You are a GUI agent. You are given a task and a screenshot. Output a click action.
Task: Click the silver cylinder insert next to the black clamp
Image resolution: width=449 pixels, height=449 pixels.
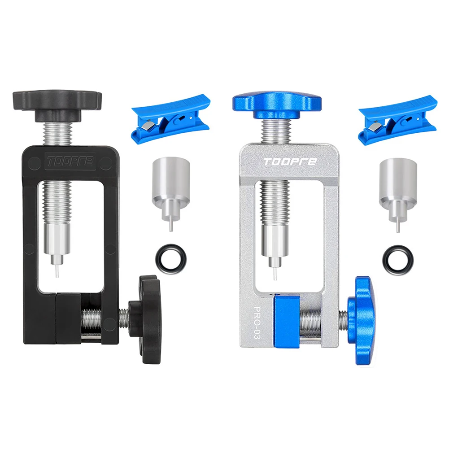[x=170, y=184]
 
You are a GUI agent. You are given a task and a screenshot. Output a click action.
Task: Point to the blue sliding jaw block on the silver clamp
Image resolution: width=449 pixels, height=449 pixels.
[x=286, y=319]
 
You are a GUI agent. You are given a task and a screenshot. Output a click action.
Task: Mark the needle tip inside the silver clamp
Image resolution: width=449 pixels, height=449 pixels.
[x=274, y=273]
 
